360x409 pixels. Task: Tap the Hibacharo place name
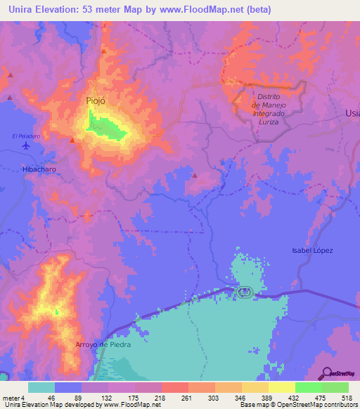pos(39,170)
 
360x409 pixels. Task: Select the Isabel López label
pos(311,250)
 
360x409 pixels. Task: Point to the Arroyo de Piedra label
pos(103,344)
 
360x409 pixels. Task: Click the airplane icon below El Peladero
pos(27,146)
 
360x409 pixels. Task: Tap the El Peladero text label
pos(23,134)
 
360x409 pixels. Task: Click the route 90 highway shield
pos(243,292)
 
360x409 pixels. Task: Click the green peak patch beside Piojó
pos(105,129)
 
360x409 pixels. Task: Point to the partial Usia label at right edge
pos(352,113)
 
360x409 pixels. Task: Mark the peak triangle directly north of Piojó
pos(103,51)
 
